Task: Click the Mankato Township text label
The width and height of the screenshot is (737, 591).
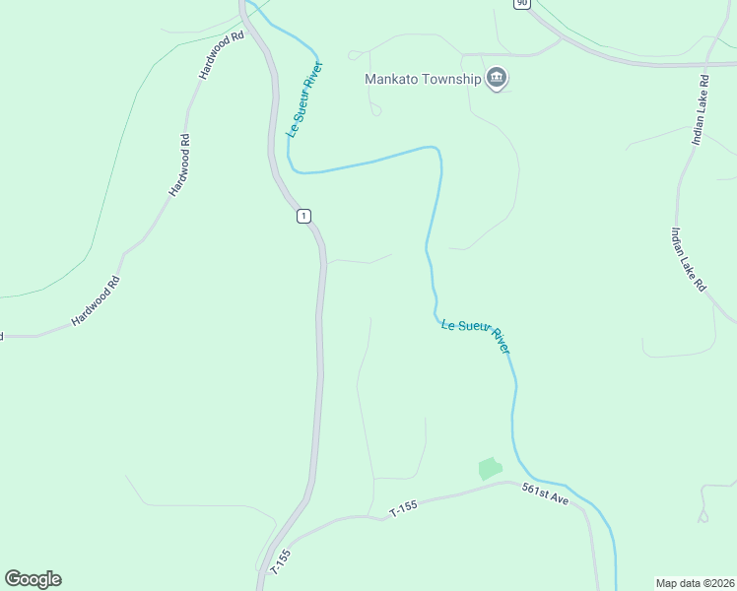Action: [x=422, y=79]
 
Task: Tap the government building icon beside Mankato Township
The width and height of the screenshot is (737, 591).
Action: [x=497, y=79]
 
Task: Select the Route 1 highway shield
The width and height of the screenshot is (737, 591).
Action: [x=304, y=216]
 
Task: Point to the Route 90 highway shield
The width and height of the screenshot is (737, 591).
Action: [x=521, y=3]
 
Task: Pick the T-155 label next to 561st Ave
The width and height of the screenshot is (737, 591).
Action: [x=404, y=508]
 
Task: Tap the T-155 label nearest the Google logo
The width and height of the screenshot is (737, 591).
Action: [x=280, y=561]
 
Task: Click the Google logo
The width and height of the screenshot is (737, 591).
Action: [x=33, y=579]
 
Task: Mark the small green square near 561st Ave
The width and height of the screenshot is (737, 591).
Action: [x=490, y=469]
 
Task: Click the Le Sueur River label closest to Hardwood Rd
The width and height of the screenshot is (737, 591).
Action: [x=305, y=99]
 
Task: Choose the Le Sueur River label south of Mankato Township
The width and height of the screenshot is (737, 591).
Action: [x=476, y=335]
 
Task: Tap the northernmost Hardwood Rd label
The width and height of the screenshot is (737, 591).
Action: [x=220, y=55]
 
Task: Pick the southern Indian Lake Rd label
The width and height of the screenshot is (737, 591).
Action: [x=689, y=259]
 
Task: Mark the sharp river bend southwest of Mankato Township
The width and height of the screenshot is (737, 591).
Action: [x=292, y=167]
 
